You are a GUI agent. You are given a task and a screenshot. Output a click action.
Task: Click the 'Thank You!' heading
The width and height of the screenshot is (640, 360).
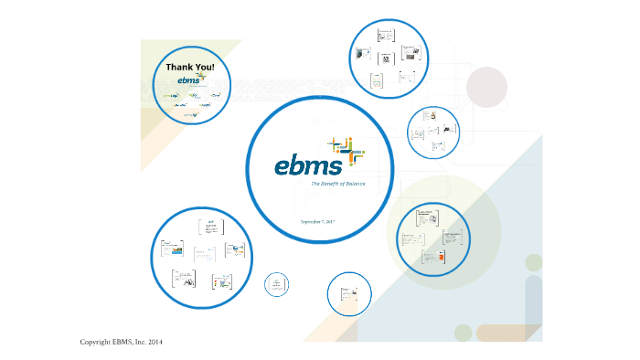(x=190, y=68)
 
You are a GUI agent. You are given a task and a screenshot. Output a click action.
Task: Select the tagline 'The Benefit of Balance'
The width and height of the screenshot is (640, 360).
(x=337, y=184)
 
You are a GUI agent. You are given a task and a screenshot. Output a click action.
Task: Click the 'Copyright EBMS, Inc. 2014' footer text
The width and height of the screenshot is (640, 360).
(x=122, y=342)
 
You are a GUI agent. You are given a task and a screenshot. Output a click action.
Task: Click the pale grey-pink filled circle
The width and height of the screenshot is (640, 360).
(x=485, y=88)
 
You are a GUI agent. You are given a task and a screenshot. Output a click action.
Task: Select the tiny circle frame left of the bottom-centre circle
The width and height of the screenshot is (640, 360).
(x=276, y=285)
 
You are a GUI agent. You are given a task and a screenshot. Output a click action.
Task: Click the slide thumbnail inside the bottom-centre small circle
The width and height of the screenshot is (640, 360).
(x=348, y=293)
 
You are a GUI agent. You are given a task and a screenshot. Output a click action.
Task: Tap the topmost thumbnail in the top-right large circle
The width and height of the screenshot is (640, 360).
(x=385, y=36)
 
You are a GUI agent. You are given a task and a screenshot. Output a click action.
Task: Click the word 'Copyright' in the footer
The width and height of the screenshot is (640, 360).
(x=96, y=342)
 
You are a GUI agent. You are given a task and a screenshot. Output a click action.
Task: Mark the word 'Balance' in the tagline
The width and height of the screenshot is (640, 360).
(x=353, y=184)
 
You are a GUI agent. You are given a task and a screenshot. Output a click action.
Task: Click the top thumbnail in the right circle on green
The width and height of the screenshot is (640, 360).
(x=423, y=217)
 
